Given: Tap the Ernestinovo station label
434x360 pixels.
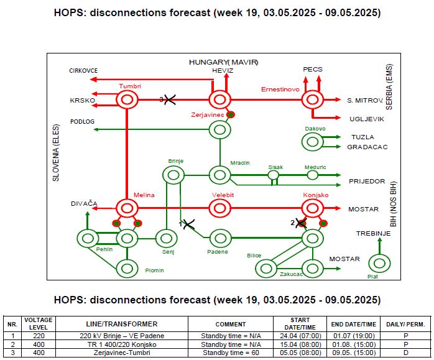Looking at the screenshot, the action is tap(280, 90).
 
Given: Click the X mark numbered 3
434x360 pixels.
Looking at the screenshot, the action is tap(170, 99).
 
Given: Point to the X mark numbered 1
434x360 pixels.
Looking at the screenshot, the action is tap(189, 224).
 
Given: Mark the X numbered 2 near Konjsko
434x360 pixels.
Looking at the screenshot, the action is tap(301, 223).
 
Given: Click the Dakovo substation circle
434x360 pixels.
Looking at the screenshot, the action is tap(313, 134).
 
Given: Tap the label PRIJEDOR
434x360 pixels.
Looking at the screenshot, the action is tap(367, 182).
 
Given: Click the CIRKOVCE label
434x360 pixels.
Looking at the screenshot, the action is tap(83, 71).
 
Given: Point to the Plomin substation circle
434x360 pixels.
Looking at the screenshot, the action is tap(127, 261).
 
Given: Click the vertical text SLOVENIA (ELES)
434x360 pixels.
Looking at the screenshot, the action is tap(56, 153).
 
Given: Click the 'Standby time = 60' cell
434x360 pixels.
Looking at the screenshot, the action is tap(231, 353).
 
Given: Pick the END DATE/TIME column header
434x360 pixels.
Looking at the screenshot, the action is tap(353, 324).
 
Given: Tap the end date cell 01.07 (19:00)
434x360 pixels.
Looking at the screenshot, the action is tap(353, 336).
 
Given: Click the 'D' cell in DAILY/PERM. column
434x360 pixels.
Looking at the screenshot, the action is tap(405, 353).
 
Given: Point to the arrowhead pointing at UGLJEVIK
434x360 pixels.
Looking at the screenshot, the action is tap(338, 118).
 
